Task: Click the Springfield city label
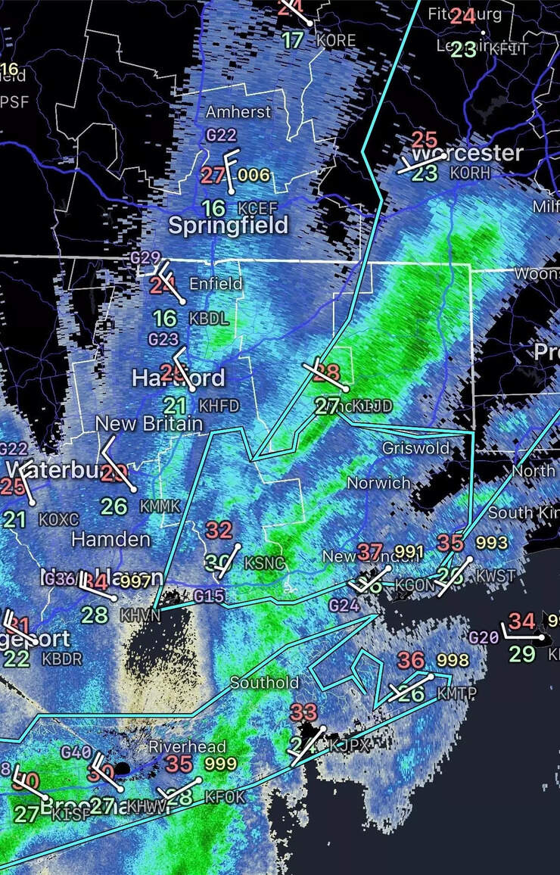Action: click(228, 225)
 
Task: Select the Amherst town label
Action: click(238, 112)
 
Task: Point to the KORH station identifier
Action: click(470, 173)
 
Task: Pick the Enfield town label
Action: click(216, 284)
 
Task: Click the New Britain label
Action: click(149, 424)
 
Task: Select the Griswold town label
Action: click(415, 448)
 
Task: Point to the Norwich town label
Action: click(378, 482)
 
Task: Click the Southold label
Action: click(264, 683)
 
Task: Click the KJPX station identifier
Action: click(350, 746)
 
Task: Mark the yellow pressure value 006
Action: click(254, 176)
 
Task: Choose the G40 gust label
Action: click(76, 752)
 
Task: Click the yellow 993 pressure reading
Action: click(492, 543)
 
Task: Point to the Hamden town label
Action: click(110, 540)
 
